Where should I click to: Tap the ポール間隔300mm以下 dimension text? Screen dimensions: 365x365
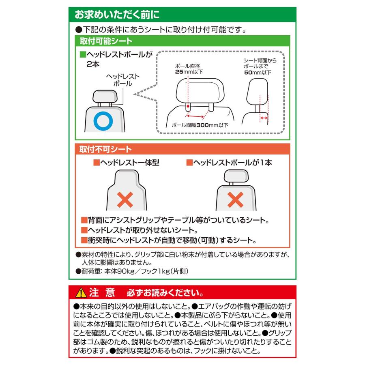coord(200,125)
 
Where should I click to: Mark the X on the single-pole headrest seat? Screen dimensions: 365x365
coord(235,199)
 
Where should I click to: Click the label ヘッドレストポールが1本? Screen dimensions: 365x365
coord(229,163)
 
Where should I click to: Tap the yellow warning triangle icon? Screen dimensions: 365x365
coord(81,292)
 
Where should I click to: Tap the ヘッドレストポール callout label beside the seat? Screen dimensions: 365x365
coord(122,80)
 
